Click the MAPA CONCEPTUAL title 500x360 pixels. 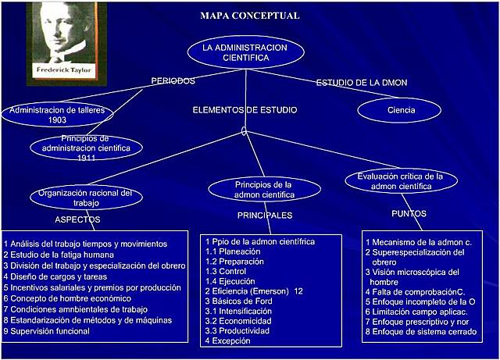(x=250, y=16)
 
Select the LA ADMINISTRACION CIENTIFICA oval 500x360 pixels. (x=245, y=52)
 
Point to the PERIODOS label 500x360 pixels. (x=173, y=81)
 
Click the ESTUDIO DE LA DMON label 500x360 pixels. (x=361, y=83)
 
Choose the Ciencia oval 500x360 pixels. (x=400, y=110)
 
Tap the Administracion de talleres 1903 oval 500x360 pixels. (x=56, y=115)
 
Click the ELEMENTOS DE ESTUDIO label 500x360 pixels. (x=245, y=110)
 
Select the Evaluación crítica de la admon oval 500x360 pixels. (x=399, y=181)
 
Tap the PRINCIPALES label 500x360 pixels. (x=265, y=215)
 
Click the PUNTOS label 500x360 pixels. (x=409, y=212)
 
